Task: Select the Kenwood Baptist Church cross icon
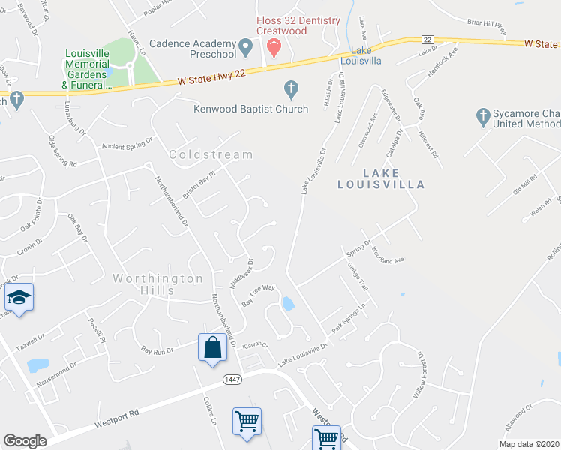click(x=292, y=90)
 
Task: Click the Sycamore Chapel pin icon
click(x=483, y=116)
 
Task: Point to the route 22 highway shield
click(x=427, y=39)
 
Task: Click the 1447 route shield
click(x=232, y=380)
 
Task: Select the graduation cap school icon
click(x=19, y=298)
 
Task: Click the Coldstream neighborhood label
click(x=211, y=154)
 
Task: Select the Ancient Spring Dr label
click(x=127, y=142)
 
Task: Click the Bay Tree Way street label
click(x=259, y=294)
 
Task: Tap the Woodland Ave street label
click(x=387, y=254)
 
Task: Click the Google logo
click(x=25, y=441)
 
